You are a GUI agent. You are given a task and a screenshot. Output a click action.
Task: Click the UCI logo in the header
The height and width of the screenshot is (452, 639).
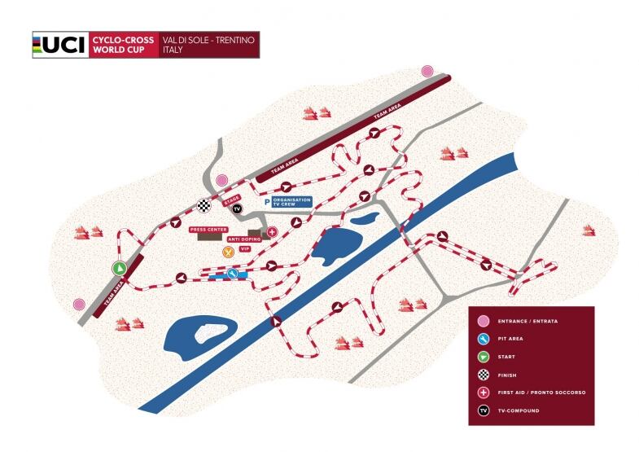pos(59,45)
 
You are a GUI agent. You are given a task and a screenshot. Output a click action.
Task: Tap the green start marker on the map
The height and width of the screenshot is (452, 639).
pos(119,267)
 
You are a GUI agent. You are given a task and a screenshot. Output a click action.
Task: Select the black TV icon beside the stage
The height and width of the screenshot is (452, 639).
pos(238,209)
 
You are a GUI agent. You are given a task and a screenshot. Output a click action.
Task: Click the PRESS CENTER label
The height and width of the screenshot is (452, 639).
pos(208,230)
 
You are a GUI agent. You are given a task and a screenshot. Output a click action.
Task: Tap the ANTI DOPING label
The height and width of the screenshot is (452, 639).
pos(244,239)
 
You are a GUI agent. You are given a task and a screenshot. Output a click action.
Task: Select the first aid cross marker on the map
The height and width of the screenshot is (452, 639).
pos(273,232)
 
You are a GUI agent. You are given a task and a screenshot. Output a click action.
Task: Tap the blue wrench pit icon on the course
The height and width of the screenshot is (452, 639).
pos(233,274)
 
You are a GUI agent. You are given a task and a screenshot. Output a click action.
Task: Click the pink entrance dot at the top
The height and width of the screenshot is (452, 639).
pos(427,71)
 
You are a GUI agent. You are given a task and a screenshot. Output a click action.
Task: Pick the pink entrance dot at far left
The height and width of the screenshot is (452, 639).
pos(79,304)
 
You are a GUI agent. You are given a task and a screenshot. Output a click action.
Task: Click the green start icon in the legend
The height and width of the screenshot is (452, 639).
pos(484,357)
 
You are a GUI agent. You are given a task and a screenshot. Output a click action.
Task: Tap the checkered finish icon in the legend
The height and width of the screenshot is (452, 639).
pos(484,375)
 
